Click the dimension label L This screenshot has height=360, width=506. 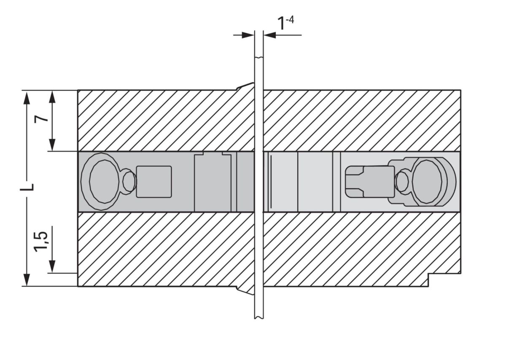[27, 187]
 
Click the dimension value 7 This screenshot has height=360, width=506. [41, 119]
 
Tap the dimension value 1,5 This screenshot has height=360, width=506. [41, 242]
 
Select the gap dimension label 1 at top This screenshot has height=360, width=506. [281, 24]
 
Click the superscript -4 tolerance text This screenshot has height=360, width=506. [290, 20]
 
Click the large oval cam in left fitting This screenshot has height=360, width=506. [104, 181]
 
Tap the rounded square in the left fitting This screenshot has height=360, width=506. [154, 182]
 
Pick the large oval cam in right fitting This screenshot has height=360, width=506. [427, 182]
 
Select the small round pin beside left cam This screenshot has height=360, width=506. [129, 181]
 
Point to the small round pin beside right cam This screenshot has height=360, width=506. [402, 182]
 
